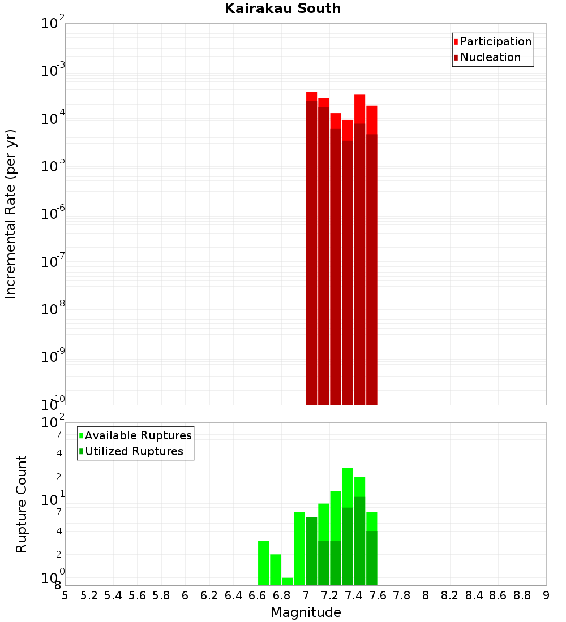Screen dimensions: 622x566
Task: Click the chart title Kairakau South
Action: pyautogui.click(x=282, y=8)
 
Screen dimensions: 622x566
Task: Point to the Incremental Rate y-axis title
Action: pyautogui.click(x=10, y=214)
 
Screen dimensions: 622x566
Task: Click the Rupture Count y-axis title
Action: pyautogui.click(x=22, y=504)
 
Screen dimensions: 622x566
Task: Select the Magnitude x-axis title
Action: pyautogui.click(x=306, y=612)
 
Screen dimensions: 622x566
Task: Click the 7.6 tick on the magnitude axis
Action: pyautogui.click(x=378, y=595)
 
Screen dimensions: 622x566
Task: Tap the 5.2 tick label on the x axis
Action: pyautogui.click(x=89, y=595)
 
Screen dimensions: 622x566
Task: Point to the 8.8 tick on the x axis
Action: pyautogui.click(x=522, y=595)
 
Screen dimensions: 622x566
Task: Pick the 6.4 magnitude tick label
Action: pyautogui.click(x=233, y=595)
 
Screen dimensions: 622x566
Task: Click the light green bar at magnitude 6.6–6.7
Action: pyautogui.click(x=263, y=563)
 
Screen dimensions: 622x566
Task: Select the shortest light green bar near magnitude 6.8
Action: pyautogui.click(x=288, y=581)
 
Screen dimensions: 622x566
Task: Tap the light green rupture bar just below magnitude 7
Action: pyautogui.click(x=299, y=548)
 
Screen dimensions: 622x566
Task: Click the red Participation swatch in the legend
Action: pyautogui.click(x=456, y=42)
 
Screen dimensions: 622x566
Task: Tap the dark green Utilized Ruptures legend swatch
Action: pyautogui.click(x=81, y=451)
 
